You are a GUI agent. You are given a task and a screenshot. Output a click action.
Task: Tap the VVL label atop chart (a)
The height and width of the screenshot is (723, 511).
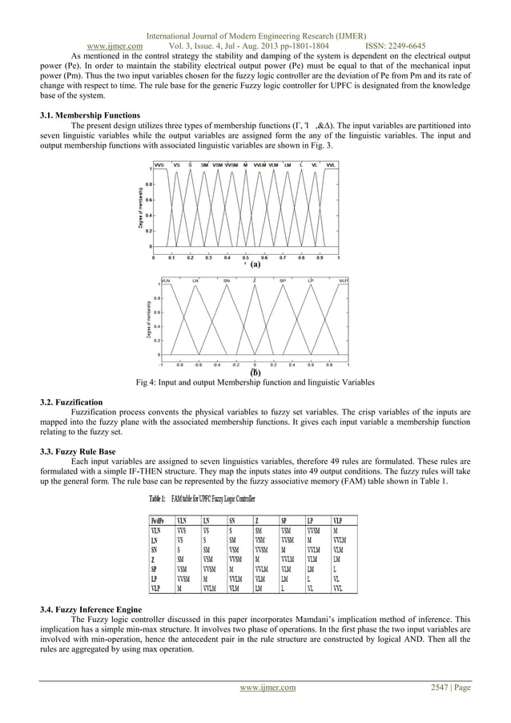tap(331, 164)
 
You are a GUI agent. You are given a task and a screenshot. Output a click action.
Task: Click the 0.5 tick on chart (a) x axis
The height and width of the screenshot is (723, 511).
tap(246, 258)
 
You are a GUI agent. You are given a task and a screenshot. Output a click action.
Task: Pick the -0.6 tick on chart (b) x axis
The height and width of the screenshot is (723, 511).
tap(197, 363)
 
